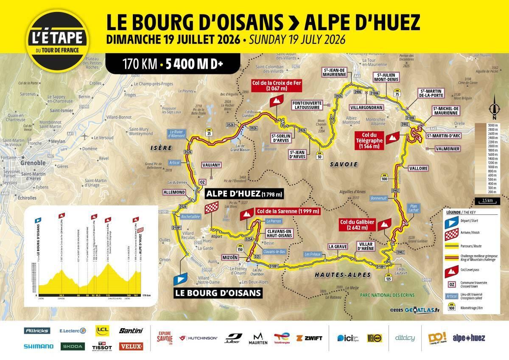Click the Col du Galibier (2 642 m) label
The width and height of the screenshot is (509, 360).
point(354,225)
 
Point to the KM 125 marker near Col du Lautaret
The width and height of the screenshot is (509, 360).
point(388,278)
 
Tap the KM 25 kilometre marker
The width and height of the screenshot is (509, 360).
point(209,131)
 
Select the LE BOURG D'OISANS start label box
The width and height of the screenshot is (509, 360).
point(218,292)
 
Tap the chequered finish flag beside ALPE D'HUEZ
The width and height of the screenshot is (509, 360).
point(211,208)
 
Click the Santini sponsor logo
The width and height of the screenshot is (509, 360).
point(131,330)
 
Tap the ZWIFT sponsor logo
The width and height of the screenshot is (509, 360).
point(309,338)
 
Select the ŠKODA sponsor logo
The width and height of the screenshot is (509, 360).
point(73,346)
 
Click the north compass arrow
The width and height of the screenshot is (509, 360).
point(494,110)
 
